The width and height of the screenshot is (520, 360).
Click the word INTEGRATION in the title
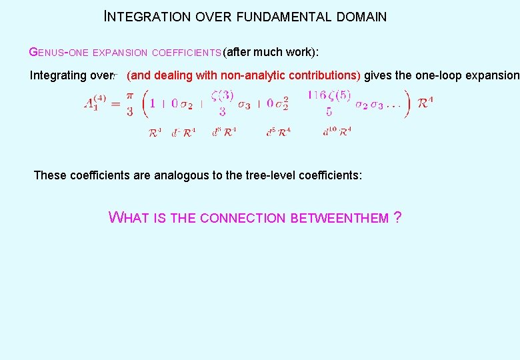(148, 17)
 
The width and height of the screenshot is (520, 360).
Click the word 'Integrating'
(58, 75)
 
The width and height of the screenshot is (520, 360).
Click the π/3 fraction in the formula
(129, 103)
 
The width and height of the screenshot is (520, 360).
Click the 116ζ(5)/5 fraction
(329, 103)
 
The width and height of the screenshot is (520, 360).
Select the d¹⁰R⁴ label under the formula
(337, 132)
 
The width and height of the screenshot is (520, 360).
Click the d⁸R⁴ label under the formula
(278, 132)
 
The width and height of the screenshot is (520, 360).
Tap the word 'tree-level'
(267, 175)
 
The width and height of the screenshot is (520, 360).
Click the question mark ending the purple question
(398, 217)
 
